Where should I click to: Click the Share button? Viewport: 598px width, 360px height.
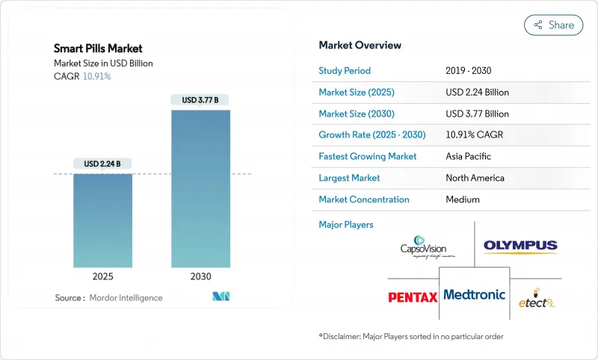pos(553,25)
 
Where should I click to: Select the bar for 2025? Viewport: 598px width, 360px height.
pos(103,220)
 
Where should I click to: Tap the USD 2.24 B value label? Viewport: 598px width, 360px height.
pos(103,164)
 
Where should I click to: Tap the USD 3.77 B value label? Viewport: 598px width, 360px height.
pos(200,99)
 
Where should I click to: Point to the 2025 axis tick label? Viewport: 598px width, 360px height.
pos(103,276)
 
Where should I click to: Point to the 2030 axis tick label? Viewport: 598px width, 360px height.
pos(200,276)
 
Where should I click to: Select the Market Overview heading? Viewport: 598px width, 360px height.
pos(360,45)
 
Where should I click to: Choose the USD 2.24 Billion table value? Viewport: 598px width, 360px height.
pos(476,93)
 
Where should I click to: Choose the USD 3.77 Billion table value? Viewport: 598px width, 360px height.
pos(476,114)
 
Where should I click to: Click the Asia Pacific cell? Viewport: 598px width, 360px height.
pos(468,157)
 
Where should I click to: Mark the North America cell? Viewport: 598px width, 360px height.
pos(474,178)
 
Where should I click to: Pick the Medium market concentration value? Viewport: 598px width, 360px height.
pos(462,199)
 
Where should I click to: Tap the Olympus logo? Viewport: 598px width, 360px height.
pos(520,246)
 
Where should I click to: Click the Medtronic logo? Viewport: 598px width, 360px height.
pos(474,294)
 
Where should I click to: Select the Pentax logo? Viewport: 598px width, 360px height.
pos(413,297)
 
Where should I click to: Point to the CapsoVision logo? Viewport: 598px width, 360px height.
pos(425,247)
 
